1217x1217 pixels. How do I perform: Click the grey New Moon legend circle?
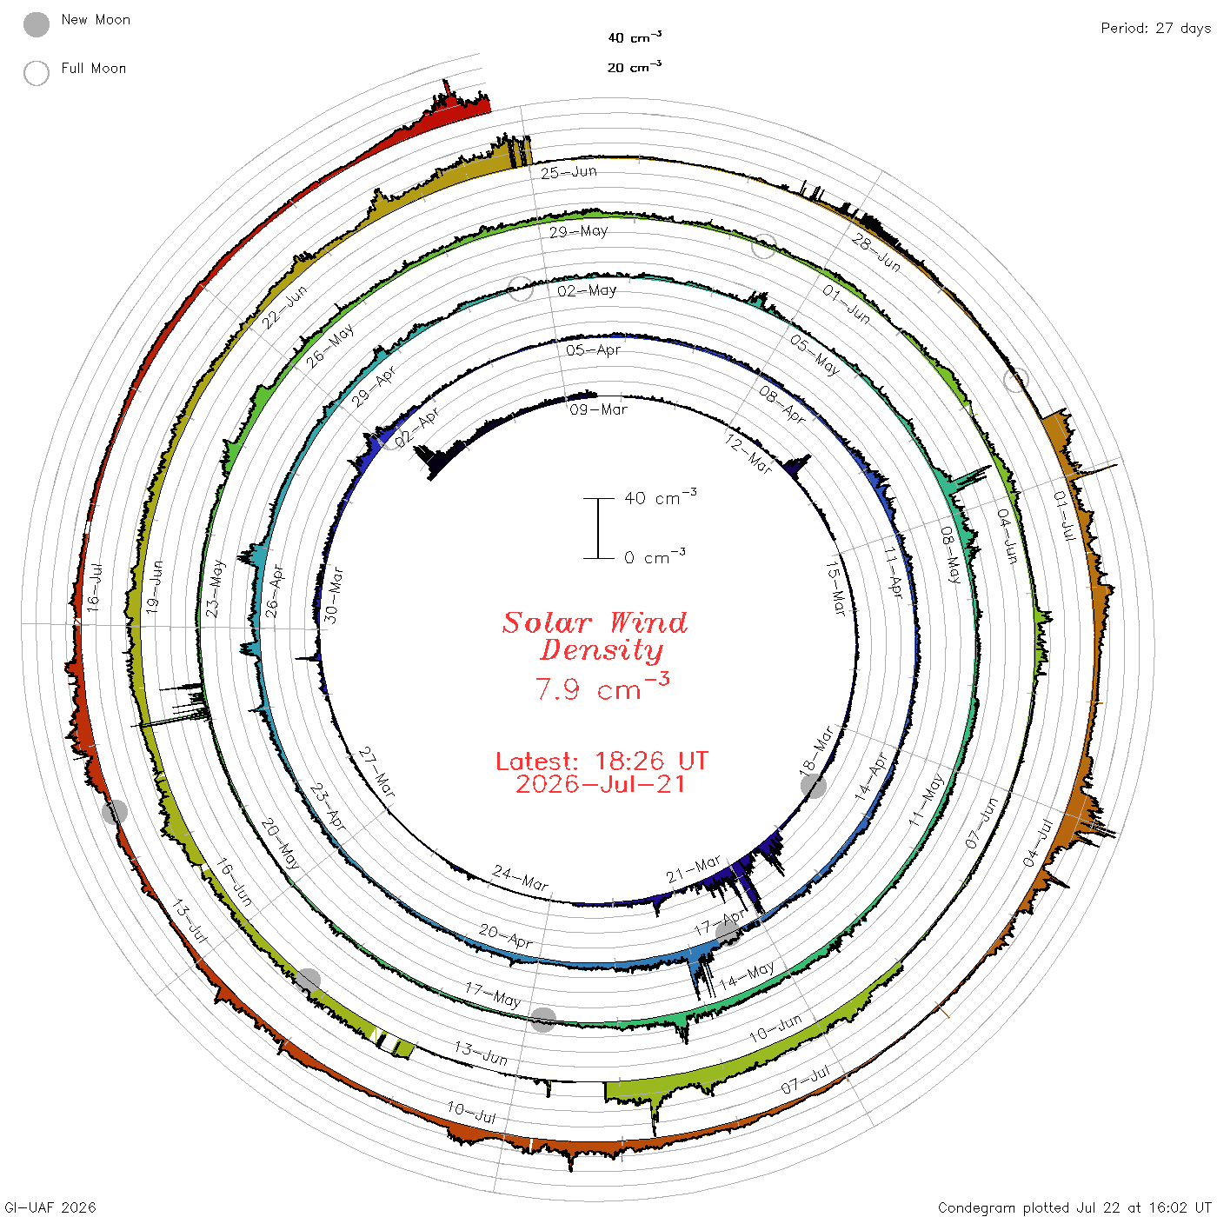point(36,24)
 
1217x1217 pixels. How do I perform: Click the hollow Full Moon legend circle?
point(36,73)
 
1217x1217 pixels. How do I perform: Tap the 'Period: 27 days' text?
point(1155,29)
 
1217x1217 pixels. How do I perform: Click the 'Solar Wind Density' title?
point(595,636)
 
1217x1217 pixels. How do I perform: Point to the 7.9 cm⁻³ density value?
point(602,687)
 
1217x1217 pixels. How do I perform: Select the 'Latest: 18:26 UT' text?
point(602,761)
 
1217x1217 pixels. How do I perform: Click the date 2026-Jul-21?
point(601,784)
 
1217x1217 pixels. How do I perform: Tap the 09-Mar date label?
point(598,410)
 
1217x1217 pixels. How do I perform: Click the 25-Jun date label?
point(569,172)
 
